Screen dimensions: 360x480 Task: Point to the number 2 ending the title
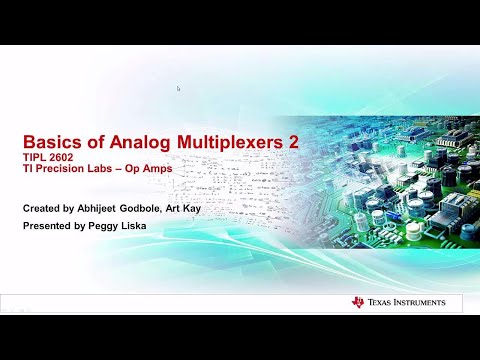click(294, 143)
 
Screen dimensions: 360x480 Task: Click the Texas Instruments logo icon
click(358, 302)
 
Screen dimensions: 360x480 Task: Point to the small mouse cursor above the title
click(178, 88)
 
